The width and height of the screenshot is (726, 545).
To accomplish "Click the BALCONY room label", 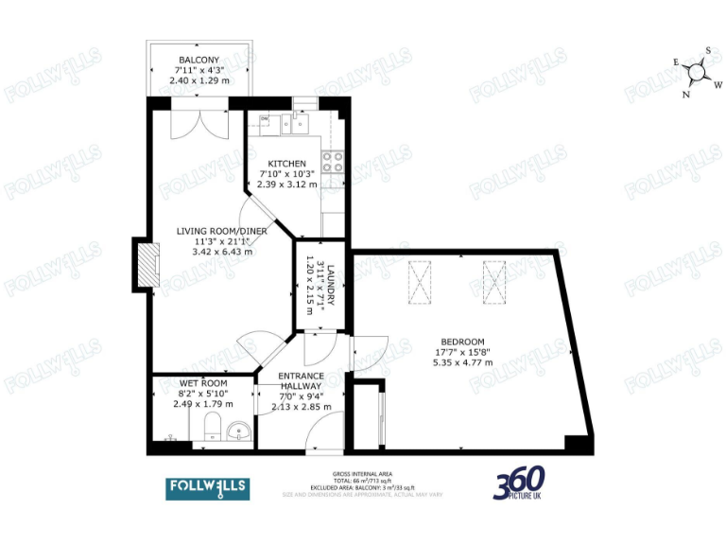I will (199, 61).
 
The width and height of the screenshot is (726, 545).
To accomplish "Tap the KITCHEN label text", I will (286, 164).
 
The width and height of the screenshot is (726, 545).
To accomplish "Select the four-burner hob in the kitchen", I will (333, 162).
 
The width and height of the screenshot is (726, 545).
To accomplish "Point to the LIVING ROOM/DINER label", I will (222, 231).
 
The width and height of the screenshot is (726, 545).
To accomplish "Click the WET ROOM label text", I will (202, 383).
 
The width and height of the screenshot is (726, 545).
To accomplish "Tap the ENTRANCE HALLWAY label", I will (302, 381).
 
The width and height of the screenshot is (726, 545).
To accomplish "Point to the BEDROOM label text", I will (462, 342).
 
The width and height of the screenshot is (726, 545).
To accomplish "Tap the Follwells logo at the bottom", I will (208, 488).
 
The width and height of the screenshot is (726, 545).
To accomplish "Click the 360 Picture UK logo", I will (524, 485).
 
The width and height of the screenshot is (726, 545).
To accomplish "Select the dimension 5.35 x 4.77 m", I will (462, 362).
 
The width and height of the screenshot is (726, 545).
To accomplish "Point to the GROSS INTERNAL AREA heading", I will (362, 473).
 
